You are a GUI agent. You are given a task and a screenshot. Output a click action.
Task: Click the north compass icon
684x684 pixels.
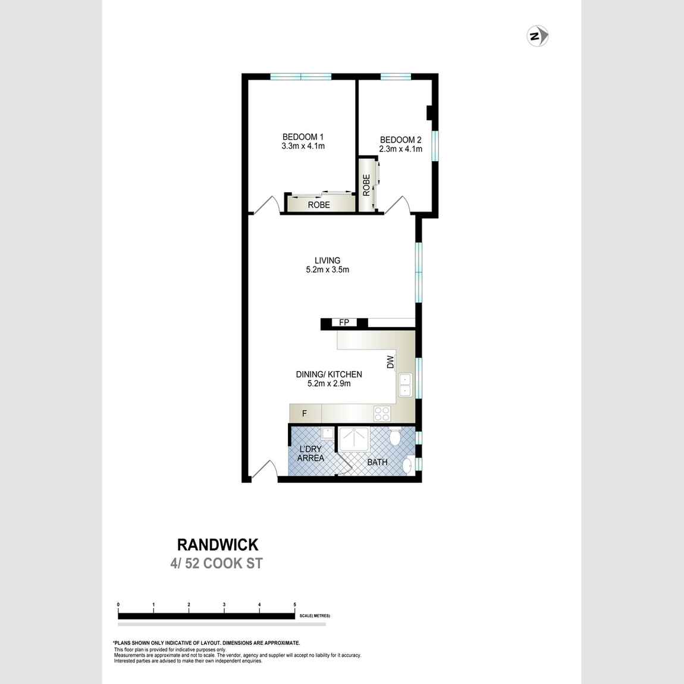[x=538, y=37]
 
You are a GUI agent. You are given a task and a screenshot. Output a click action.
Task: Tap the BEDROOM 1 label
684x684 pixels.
[x=303, y=141]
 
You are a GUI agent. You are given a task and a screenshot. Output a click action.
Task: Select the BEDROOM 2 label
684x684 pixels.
[x=401, y=145]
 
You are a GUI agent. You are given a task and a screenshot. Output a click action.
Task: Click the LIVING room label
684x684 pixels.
[x=327, y=265]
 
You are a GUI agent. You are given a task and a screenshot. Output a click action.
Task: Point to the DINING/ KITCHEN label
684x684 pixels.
[x=329, y=379]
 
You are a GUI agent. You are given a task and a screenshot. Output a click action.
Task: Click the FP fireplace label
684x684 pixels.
[x=344, y=323]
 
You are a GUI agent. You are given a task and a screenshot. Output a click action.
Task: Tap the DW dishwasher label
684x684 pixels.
[x=390, y=362]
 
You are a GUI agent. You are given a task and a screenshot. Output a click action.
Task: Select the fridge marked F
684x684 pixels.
[x=305, y=413]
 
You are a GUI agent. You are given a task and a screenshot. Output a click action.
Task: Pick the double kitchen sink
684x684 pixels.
[x=405, y=384]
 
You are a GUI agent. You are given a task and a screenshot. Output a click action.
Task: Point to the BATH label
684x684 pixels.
[x=377, y=462]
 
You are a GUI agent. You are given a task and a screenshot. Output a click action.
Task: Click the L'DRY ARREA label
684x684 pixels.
[x=310, y=453]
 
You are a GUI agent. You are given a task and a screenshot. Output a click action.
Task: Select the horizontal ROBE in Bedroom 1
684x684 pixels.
[x=319, y=205]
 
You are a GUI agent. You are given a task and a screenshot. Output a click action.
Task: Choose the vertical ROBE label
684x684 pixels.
[x=366, y=185]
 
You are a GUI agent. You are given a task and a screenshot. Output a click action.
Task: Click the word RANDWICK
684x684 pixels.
[x=218, y=544]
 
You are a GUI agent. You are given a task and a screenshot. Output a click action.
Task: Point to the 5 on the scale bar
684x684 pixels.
[x=294, y=605]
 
